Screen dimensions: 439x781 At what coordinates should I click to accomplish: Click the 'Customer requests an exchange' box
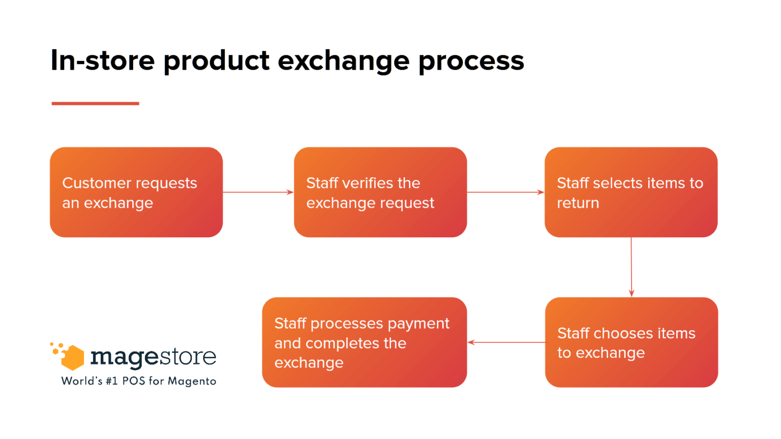click(x=136, y=192)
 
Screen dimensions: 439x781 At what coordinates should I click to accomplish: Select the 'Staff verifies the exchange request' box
click(x=380, y=192)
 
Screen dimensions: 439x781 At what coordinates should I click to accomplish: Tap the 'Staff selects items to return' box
click(x=631, y=192)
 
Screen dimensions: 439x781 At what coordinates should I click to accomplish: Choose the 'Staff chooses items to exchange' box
click(x=632, y=342)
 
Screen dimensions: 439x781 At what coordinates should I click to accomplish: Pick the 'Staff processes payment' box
click(x=364, y=342)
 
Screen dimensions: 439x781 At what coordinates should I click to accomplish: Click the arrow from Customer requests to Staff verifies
click(x=258, y=192)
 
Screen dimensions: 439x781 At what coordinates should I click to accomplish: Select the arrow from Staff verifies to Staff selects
click(x=505, y=192)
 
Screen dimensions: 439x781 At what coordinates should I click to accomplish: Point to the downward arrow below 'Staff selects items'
click(x=632, y=267)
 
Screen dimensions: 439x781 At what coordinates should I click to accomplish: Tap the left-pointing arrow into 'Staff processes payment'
click(x=506, y=342)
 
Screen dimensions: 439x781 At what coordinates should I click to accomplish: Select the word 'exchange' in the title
click(x=343, y=60)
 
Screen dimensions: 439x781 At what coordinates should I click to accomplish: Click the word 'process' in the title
click(x=471, y=60)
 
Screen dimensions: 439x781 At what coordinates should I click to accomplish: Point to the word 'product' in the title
click(x=217, y=60)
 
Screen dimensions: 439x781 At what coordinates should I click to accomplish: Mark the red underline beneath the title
click(x=95, y=103)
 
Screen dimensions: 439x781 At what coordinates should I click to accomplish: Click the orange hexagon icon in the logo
click(x=72, y=357)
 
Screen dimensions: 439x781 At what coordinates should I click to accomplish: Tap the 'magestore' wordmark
click(x=153, y=357)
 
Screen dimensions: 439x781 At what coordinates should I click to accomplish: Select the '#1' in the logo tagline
click(x=111, y=381)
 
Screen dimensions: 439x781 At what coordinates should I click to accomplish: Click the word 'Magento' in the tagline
click(x=192, y=381)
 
